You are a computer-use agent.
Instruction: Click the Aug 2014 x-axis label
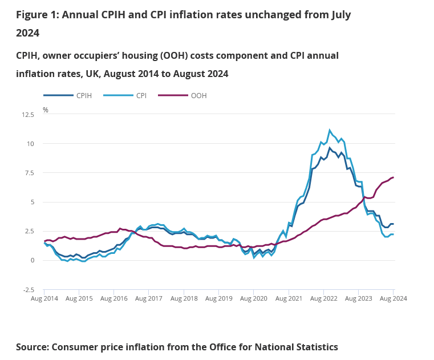click(x=44, y=298)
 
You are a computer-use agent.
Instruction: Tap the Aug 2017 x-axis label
click(x=149, y=298)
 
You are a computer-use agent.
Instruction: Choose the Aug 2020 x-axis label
click(x=254, y=298)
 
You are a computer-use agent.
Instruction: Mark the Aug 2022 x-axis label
click(x=323, y=298)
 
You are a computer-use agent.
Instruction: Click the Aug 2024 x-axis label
click(x=393, y=298)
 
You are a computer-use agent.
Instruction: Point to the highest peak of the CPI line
click(x=330, y=130)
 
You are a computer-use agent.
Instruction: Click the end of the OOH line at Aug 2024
click(x=393, y=177)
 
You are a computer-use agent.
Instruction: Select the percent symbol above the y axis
click(x=46, y=110)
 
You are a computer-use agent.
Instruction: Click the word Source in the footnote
click(x=33, y=347)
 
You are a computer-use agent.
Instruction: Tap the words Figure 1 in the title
click(x=36, y=14)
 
